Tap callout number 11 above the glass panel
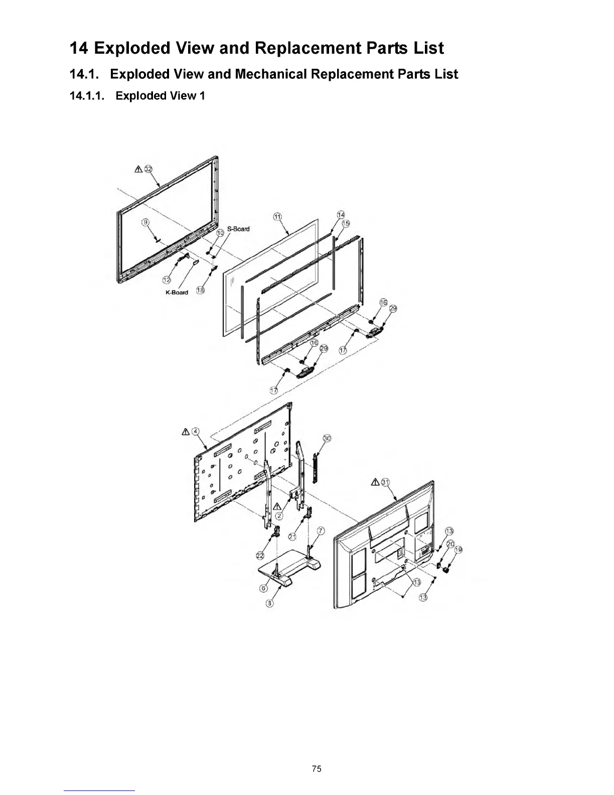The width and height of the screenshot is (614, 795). (x=276, y=217)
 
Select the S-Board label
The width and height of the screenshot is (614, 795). (x=238, y=229)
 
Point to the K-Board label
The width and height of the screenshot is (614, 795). (x=177, y=293)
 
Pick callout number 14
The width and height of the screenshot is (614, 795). (x=341, y=215)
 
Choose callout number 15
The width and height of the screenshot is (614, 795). (x=346, y=223)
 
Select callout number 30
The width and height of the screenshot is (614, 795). (x=327, y=438)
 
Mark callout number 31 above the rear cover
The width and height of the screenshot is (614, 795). (x=385, y=482)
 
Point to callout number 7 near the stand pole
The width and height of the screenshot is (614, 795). (x=321, y=531)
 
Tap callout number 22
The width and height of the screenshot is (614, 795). (x=260, y=555)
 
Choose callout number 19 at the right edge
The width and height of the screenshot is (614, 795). (x=457, y=550)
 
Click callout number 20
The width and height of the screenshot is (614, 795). (x=450, y=544)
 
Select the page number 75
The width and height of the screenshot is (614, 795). (x=316, y=768)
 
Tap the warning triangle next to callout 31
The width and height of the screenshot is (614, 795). (x=375, y=482)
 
